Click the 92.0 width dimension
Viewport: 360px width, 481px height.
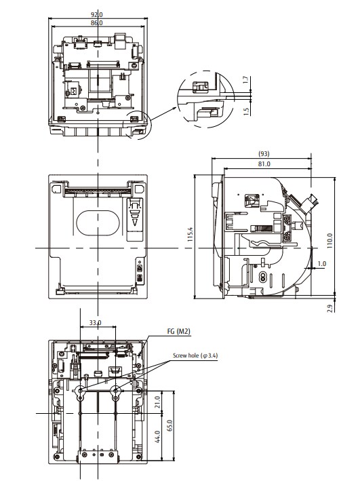pyautogui.click(x=98, y=14)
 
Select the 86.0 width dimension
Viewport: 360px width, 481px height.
pyautogui.click(x=98, y=23)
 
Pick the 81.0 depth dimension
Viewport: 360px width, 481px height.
pyautogui.click(x=264, y=163)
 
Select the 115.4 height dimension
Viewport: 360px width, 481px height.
pyautogui.click(x=191, y=235)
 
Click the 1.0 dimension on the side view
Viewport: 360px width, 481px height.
pyautogui.click(x=321, y=263)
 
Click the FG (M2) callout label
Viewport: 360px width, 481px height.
pyautogui.click(x=179, y=332)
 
